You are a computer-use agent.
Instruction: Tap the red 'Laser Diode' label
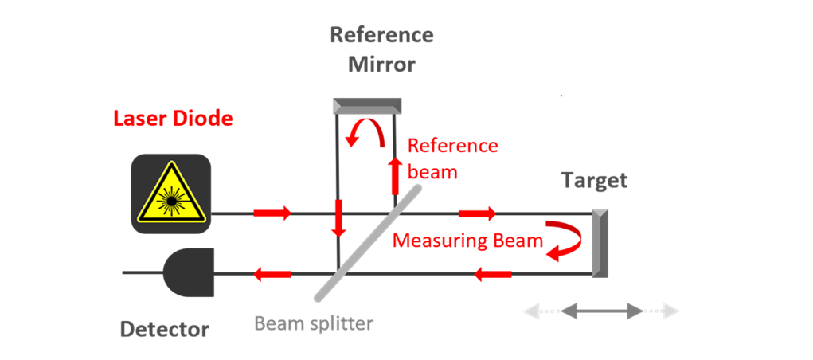pos(173,119)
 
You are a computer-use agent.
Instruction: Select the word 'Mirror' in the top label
pos(381,65)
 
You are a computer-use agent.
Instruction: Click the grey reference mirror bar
pos(367,104)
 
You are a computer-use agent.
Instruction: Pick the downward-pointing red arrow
pos(339,218)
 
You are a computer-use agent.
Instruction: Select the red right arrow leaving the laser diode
pos(272,213)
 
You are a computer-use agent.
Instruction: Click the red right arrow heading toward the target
pos(476,213)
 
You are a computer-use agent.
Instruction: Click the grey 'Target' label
pos(594,181)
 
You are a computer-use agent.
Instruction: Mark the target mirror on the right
pos(600,243)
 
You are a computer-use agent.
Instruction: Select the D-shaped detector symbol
pos(190,272)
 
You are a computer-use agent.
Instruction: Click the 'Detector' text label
pos(165,328)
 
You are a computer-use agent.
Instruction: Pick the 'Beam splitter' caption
pos(314,324)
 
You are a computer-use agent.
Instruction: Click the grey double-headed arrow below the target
pos(601,311)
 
